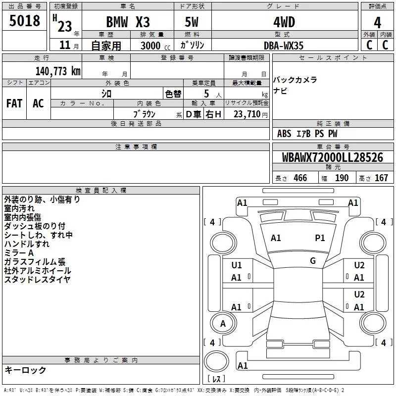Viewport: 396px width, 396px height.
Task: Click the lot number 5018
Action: click(x=24, y=21)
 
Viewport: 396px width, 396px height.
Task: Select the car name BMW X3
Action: click(x=128, y=22)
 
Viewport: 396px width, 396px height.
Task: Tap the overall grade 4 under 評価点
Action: click(x=377, y=23)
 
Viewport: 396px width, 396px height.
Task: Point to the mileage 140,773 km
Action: click(x=58, y=71)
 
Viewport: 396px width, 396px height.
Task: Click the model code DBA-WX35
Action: click(x=283, y=46)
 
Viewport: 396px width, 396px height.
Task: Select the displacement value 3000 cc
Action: click(x=155, y=46)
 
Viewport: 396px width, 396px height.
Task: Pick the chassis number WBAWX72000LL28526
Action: click(x=333, y=157)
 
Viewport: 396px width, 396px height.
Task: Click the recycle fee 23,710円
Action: click(x=250, y=114)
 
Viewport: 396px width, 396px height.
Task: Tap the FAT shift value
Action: click(x=14, y=103)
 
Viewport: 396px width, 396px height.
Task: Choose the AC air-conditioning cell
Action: click(x=39, y=103)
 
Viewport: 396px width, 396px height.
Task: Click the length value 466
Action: click(x=300, y=178)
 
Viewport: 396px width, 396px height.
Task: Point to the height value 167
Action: click(x=381, y=178)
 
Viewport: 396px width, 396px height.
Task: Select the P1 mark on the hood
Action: click(x=320, y=238)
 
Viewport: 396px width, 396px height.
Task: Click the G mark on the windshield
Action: click(x=313, y=261)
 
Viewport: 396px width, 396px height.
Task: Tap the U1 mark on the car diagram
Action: click(x=237, y=265)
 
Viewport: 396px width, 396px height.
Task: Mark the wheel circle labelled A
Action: click(x=223, y=323)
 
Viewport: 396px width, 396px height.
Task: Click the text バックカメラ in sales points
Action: click(x=295, y=80)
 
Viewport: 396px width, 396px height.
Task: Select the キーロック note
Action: click(x=25, y=370)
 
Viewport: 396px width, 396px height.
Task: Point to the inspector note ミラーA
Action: click(x=19, y=253)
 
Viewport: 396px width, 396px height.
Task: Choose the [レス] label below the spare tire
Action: click(x=216, y=379)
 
